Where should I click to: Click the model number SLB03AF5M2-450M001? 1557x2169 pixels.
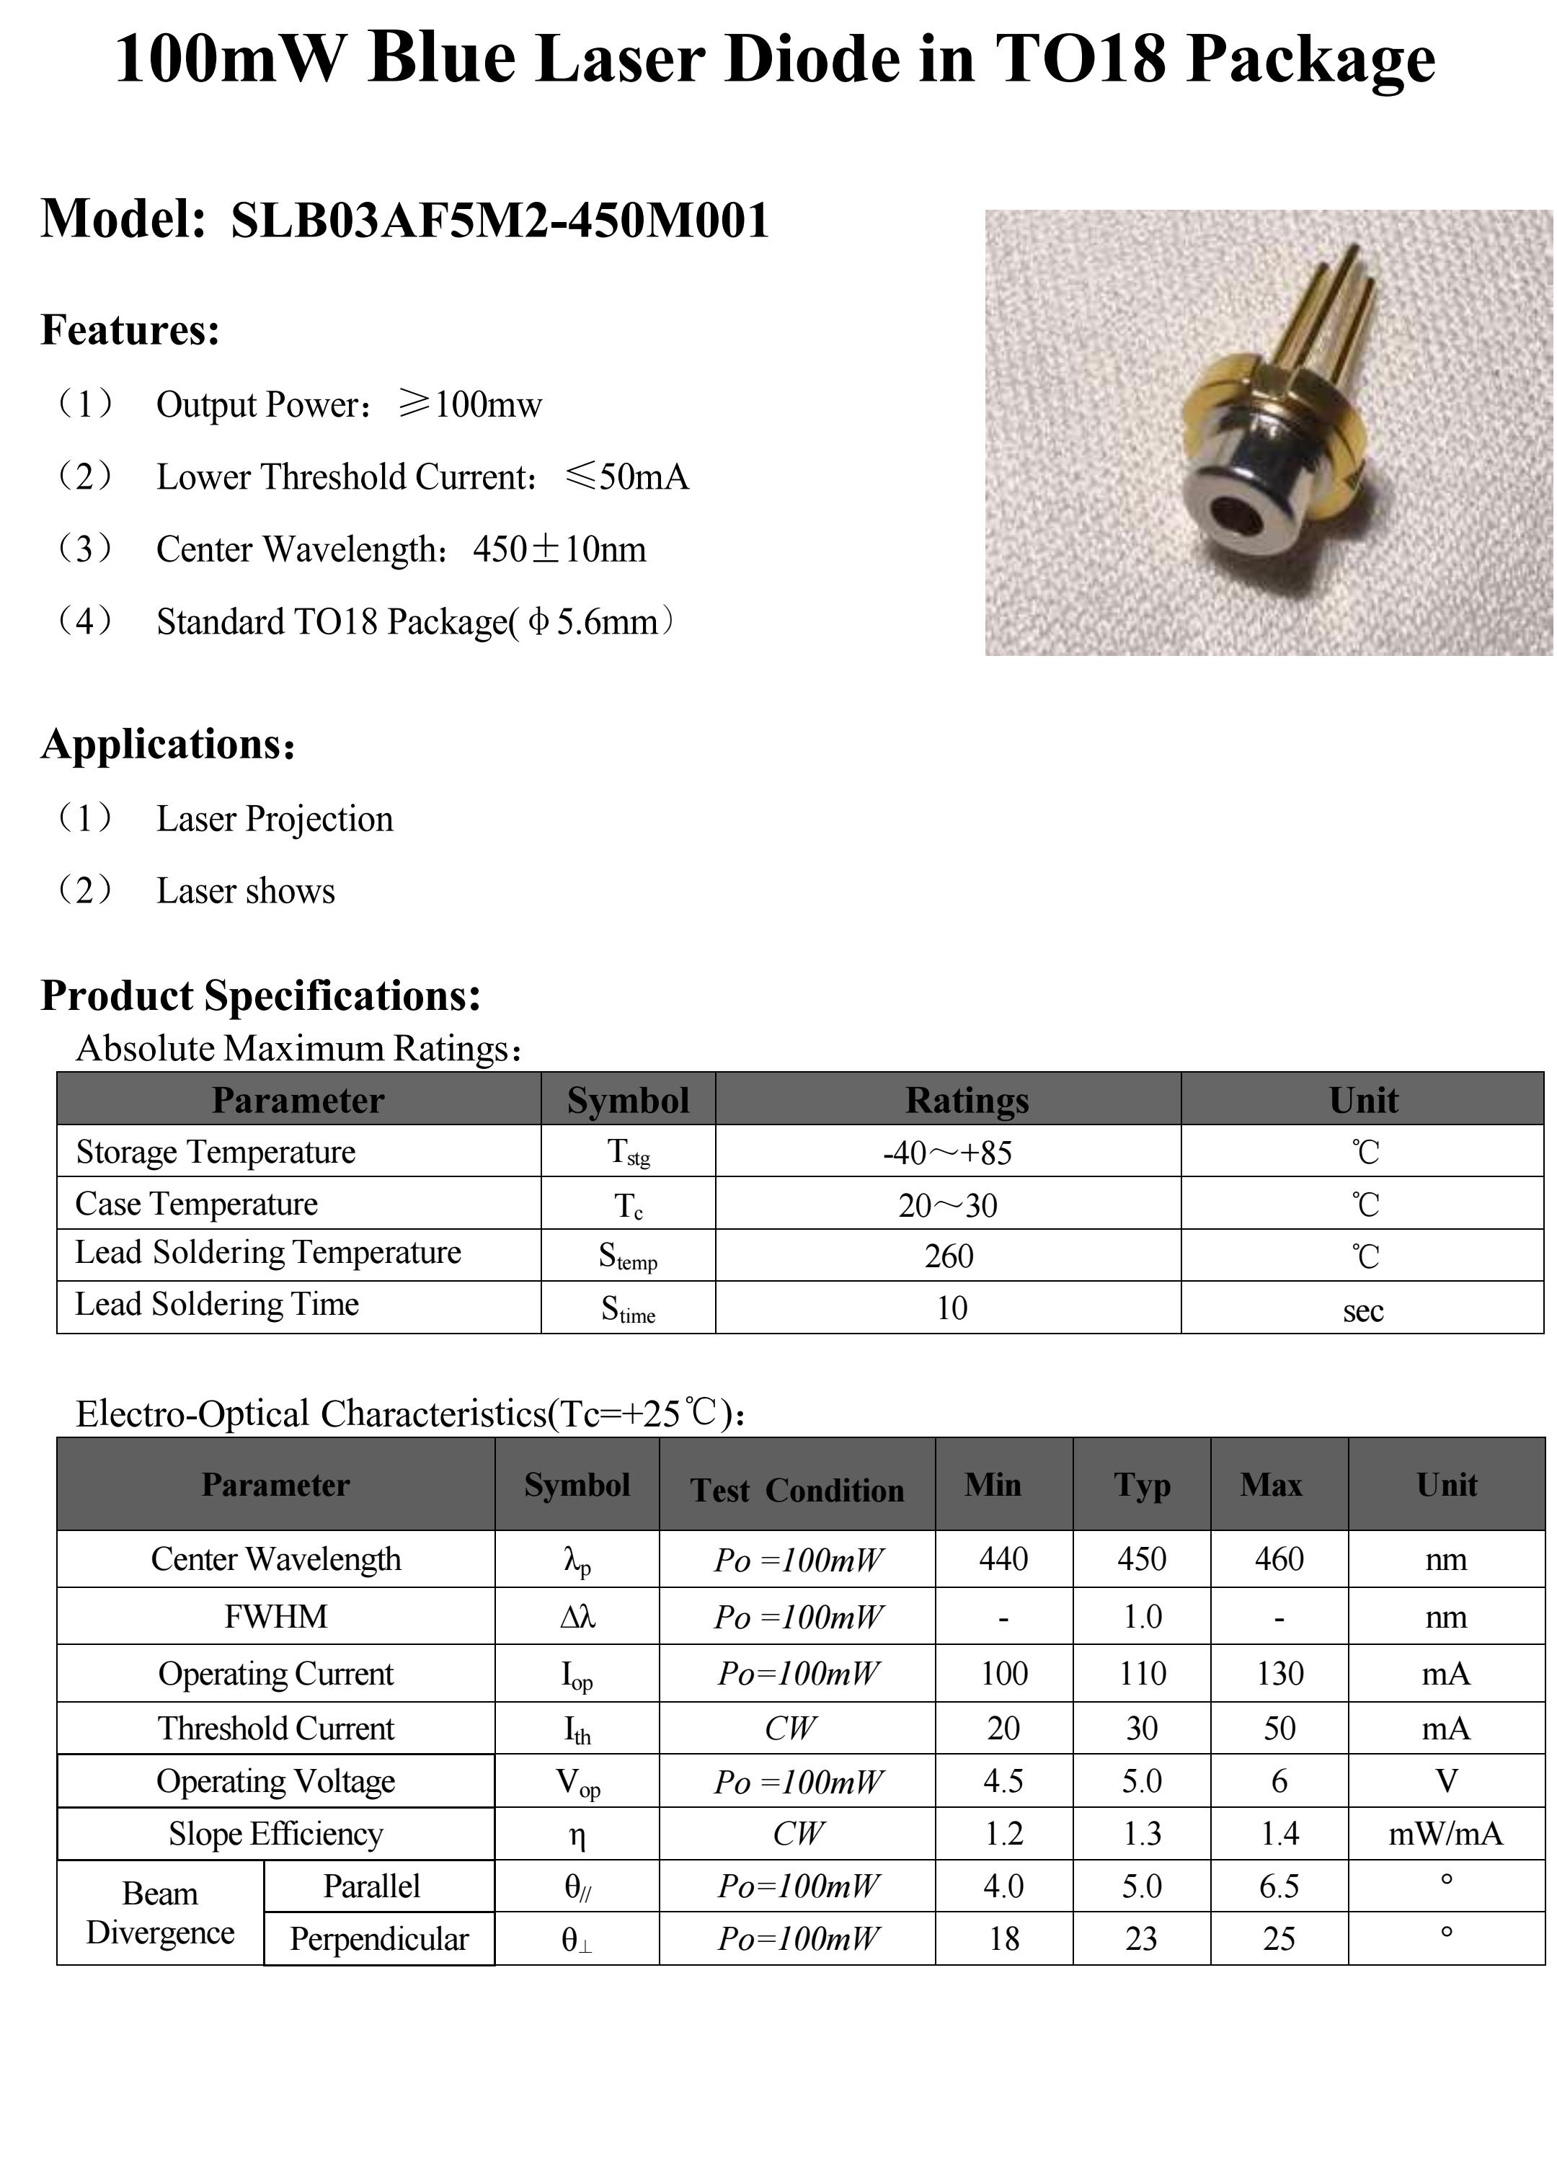500,221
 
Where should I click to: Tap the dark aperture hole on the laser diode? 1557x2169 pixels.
1235,515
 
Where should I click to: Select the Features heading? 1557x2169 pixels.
130,330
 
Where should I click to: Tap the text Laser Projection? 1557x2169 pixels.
275,819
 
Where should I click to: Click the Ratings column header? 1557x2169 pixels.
966,1100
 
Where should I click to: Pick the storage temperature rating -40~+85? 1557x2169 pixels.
947,1153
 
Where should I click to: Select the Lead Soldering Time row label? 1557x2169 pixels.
217,1305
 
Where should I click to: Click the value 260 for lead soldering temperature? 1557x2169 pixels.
949,1256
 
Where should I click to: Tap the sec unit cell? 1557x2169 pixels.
1362,1309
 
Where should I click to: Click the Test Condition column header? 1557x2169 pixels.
797,1490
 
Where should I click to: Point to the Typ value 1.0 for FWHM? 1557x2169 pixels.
1141,1617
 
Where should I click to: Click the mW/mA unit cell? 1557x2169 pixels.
1445,1833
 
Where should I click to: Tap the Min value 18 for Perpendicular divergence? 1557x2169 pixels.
1003,1938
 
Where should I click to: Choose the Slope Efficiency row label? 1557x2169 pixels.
275,1833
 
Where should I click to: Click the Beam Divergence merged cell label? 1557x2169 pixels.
160,1912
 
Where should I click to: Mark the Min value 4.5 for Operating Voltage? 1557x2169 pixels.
1003,1780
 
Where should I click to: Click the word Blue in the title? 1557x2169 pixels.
441,59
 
